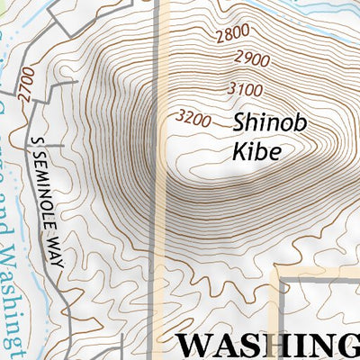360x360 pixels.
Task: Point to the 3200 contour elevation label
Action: (x=194, y=117)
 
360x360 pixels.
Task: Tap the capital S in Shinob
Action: (x=240, y=122)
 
